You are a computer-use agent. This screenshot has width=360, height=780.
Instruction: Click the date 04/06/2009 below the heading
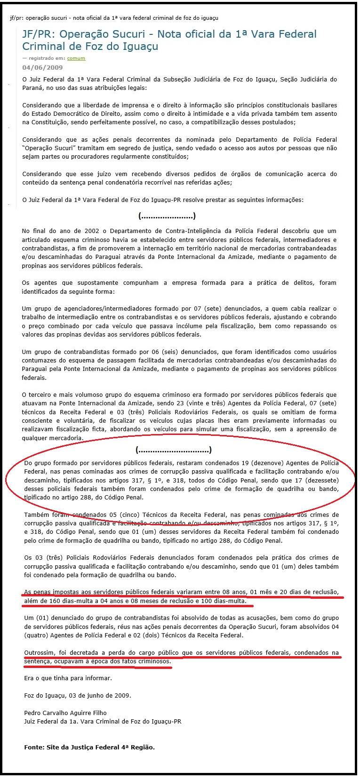click(42, 68)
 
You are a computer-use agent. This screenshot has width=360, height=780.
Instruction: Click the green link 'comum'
click(76, 58)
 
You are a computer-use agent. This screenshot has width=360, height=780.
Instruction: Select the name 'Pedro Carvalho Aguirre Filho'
click(65, 713)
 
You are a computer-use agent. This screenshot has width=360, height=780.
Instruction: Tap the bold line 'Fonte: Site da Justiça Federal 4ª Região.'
click(89, 747)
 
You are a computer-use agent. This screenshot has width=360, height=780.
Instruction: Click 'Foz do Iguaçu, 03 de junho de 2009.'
click(78, 695)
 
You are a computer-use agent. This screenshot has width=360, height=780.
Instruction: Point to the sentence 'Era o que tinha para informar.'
click(68, 678)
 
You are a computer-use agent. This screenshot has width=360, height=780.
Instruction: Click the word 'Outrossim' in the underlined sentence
click(39, 653)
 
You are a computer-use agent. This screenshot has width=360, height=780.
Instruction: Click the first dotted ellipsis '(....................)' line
click(167, 216)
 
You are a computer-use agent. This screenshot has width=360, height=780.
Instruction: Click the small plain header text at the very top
click(114, 18)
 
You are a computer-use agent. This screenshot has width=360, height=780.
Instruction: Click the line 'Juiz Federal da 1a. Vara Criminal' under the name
click(103, 721)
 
